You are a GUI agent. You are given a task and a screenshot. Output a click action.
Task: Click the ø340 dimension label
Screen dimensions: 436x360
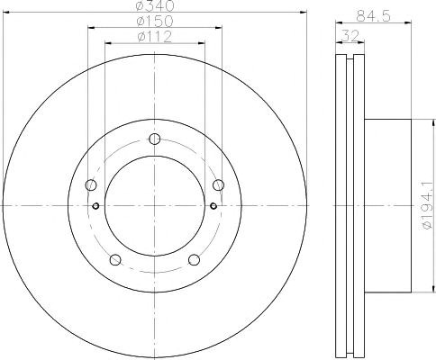coord(155,5)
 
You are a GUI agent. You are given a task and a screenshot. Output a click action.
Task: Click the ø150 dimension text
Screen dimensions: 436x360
coord(155,22)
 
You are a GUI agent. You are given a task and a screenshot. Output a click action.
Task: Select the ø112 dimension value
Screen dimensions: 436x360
coord(154,37)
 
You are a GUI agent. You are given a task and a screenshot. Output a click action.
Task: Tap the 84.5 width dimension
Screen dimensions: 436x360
coord(373,17)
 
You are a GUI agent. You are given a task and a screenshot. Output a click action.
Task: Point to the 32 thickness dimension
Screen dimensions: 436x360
coord(350,37)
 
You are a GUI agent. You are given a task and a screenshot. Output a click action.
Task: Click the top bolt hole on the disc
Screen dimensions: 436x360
coord(155,139)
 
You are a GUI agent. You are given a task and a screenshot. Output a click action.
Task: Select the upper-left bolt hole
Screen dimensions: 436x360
coord(91,184)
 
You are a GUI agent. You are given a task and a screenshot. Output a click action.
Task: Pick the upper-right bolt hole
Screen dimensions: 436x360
coord(218,184)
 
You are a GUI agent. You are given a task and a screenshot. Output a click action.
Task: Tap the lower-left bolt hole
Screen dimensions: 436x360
coord(115,260)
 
